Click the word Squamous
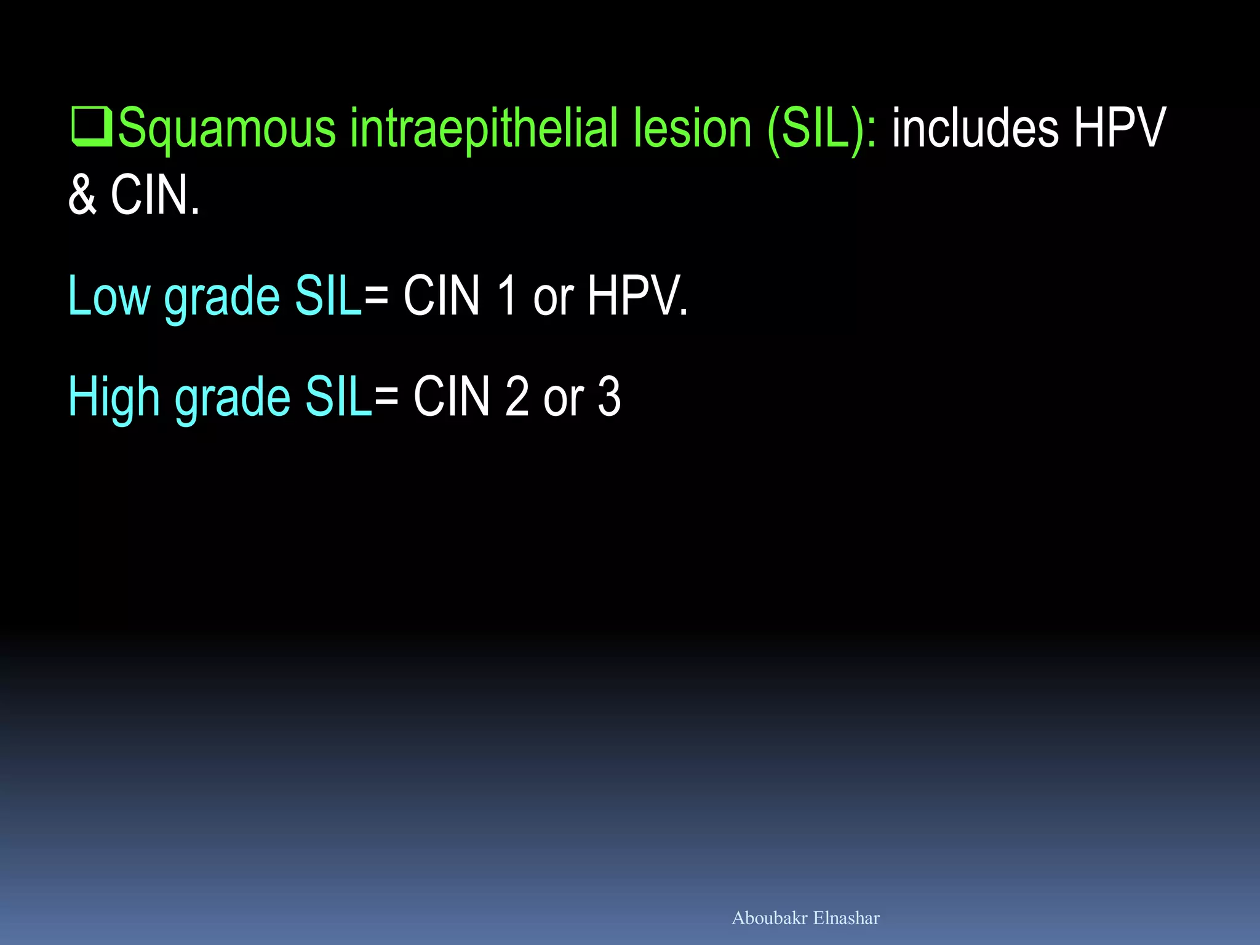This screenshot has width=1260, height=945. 226,129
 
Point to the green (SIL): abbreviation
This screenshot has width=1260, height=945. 823,128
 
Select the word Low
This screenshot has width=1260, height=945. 108,296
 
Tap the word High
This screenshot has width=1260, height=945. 113,397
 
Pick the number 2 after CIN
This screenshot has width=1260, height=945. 517,397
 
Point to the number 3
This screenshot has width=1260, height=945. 609,397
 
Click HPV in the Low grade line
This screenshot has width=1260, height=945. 637,296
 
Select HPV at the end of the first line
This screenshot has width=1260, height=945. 1119,128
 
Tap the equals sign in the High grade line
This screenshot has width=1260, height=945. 386,397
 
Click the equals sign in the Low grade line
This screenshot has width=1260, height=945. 376,296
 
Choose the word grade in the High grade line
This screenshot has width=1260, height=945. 233,398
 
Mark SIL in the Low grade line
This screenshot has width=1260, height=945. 329,296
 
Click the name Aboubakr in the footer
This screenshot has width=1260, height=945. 769,918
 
